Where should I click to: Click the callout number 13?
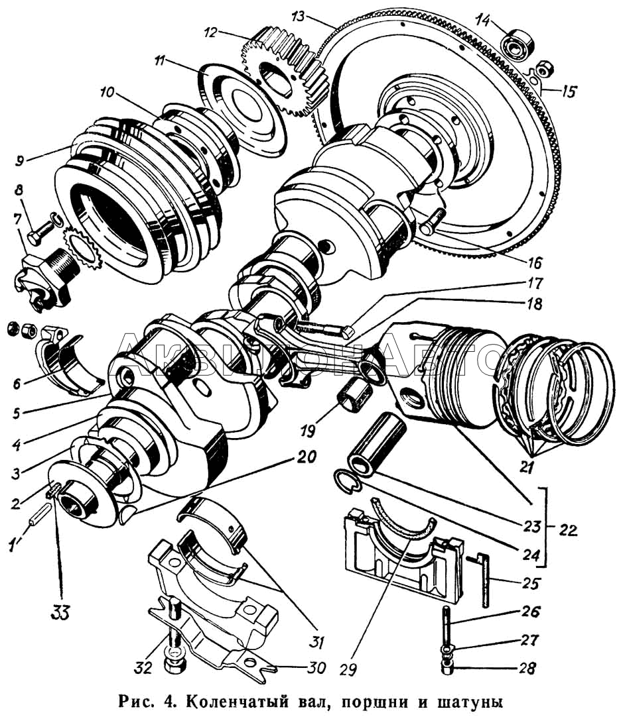tap(298, 17)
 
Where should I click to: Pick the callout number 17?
tap(533, 283)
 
